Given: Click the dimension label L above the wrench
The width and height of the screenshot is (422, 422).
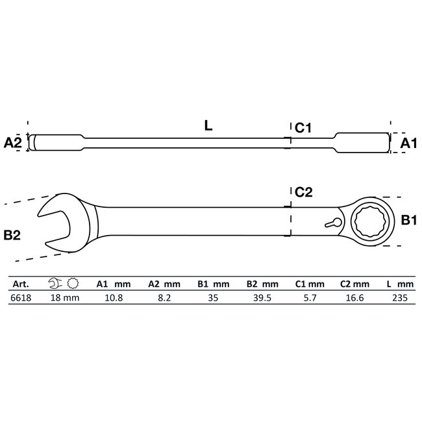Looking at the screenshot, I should coord(208,127).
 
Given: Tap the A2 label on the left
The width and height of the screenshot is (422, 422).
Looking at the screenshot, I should coord(14,143).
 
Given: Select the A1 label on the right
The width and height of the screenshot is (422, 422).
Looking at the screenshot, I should coord(407,143).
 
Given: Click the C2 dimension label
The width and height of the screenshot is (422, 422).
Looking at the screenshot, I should coord(304,192).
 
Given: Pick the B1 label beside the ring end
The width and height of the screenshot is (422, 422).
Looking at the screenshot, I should coord(407,221).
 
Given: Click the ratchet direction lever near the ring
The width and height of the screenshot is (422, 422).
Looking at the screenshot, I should coord(332,222).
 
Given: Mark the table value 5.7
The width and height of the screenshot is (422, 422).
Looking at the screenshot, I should coord(308,298).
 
